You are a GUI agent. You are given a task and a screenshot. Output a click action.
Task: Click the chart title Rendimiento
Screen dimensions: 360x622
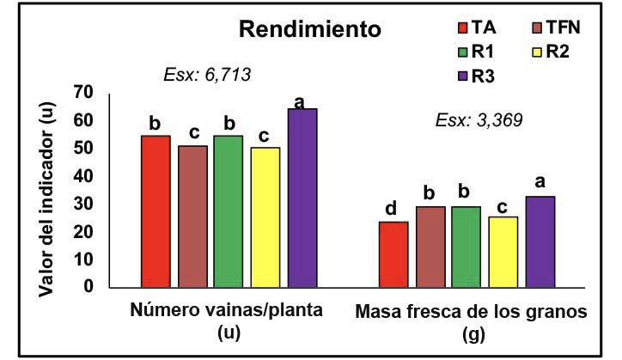coord(309,31)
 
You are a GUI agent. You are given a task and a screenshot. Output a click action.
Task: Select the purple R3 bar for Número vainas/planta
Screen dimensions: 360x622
coord(302,198)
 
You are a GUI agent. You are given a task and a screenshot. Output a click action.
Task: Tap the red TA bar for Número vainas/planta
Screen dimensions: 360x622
coord(155,211)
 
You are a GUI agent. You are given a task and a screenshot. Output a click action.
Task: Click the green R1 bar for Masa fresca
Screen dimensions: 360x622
coord(466,246)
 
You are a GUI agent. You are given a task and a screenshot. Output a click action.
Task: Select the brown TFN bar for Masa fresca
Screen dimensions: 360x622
coord(430,246)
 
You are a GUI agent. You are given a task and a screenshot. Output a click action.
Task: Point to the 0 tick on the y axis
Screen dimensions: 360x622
coord(87,286)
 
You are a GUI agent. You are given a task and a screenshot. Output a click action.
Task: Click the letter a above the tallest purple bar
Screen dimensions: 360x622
coord(300,102)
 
